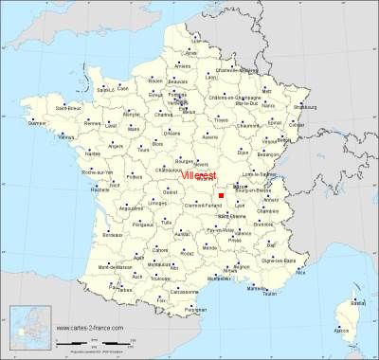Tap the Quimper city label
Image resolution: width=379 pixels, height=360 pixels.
coord(38,122)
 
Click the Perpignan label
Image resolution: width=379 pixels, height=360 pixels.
coord(196,310)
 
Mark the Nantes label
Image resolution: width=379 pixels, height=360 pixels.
coord(94,153)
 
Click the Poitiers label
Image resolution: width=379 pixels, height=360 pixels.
coord(134,176)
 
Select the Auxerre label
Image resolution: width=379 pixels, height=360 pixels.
coord(211,137)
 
